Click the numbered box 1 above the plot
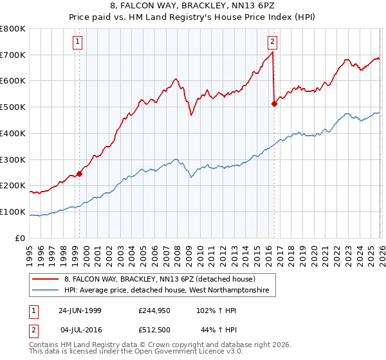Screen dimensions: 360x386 click(x=77, y=42)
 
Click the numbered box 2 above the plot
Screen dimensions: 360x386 click(x=272, y=42)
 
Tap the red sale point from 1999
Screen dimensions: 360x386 click(x=80, y=173)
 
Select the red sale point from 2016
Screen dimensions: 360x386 click(x=275, y=103)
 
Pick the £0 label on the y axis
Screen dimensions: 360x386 click(x=20, y=238)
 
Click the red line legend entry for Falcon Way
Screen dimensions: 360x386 click(x=160, y=279)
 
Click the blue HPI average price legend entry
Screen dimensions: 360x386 click(x=170, y=291)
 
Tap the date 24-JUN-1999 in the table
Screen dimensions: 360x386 click(x=80, y=310)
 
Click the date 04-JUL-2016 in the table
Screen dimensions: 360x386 click(x=80, y=329)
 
